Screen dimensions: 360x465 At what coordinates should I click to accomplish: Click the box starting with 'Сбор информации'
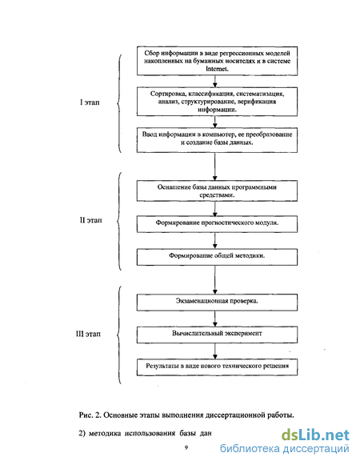coord(217,61)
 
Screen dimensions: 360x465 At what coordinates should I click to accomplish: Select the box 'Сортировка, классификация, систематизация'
coord(217,102)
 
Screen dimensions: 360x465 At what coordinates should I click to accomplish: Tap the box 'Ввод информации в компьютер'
coord(217,140)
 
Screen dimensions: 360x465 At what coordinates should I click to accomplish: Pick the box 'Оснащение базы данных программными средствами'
coord(217,191)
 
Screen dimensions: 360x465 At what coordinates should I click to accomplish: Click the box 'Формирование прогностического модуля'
coord(217,224)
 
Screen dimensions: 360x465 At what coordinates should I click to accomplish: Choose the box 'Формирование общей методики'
coord(217,257)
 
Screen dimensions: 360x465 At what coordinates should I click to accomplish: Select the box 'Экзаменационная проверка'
coord(217,303)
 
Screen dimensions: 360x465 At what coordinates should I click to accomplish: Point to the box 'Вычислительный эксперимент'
coord(217,335)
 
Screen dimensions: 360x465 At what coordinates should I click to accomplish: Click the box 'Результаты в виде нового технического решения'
coord(217,367)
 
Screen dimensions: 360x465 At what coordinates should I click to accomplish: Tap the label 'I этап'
coord(90,102)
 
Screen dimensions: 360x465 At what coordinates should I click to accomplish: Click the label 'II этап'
coord(90,220)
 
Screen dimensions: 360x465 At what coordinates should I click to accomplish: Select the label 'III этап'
coord(88,334)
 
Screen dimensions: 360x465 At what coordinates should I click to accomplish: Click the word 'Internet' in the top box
coord(217,69)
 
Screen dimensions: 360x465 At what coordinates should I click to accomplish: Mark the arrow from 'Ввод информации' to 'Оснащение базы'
coord(215,166)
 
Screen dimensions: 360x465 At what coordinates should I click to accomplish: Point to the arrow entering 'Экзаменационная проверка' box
coord(215,279)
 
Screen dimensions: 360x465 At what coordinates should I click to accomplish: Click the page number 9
coord(186,447)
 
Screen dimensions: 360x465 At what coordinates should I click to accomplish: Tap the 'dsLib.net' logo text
coord(315,435)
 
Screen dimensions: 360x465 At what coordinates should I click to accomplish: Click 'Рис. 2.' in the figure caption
coord(90,415)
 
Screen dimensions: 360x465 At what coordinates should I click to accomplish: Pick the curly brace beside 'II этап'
coord(119,221)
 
